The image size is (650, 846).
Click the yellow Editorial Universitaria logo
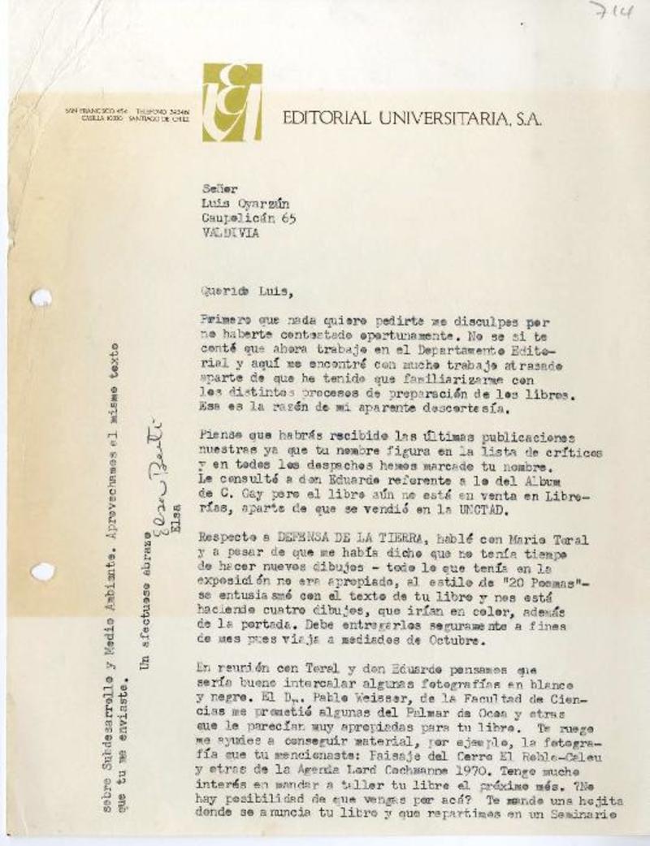pos(232,102)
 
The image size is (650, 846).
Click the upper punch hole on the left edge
pos(41,298)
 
